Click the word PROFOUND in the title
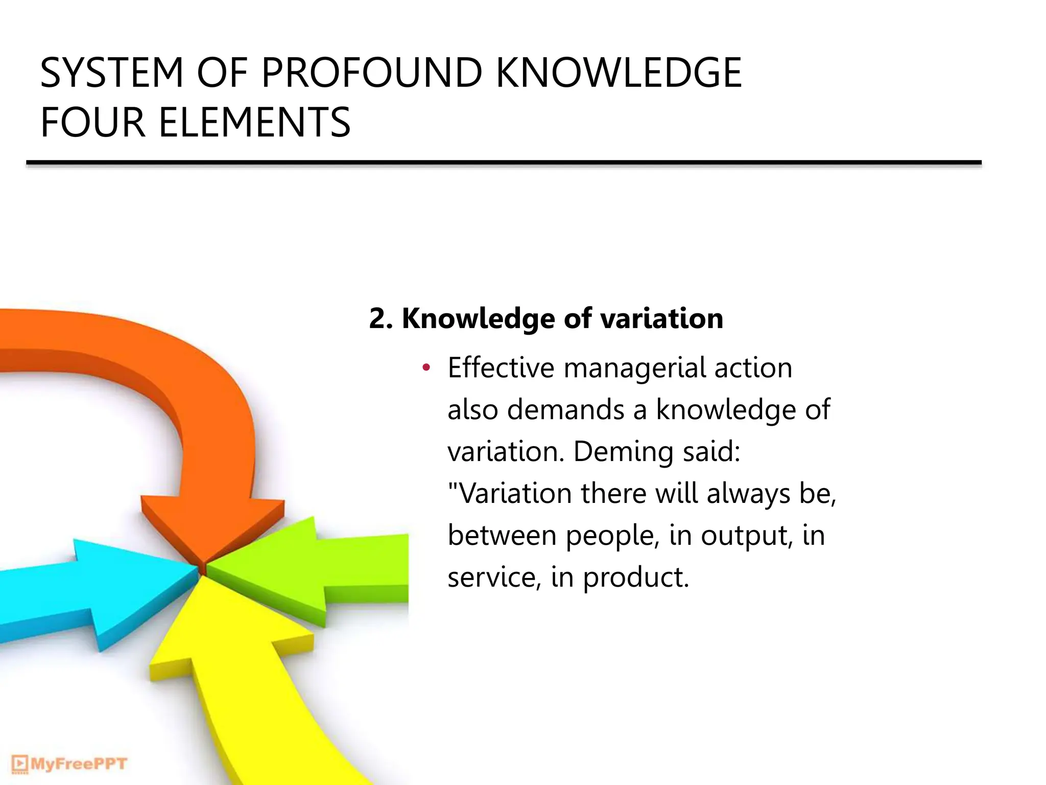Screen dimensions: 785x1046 pos(372,73)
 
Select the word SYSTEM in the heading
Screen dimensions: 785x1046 pos(112,73)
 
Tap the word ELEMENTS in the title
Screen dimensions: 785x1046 pos(254,123)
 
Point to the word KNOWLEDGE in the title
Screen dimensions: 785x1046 pos(619,73)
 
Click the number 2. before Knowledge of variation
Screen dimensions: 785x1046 pos(381,319)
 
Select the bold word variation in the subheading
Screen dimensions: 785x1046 pos(661,319)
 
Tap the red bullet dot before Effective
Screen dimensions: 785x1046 pos(426,367)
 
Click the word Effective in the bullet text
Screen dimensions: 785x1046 pos(501,368)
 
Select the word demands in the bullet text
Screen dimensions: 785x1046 pos(566,410)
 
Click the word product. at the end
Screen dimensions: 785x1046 pos(636,579)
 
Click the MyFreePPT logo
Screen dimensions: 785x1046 pos(69,764)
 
